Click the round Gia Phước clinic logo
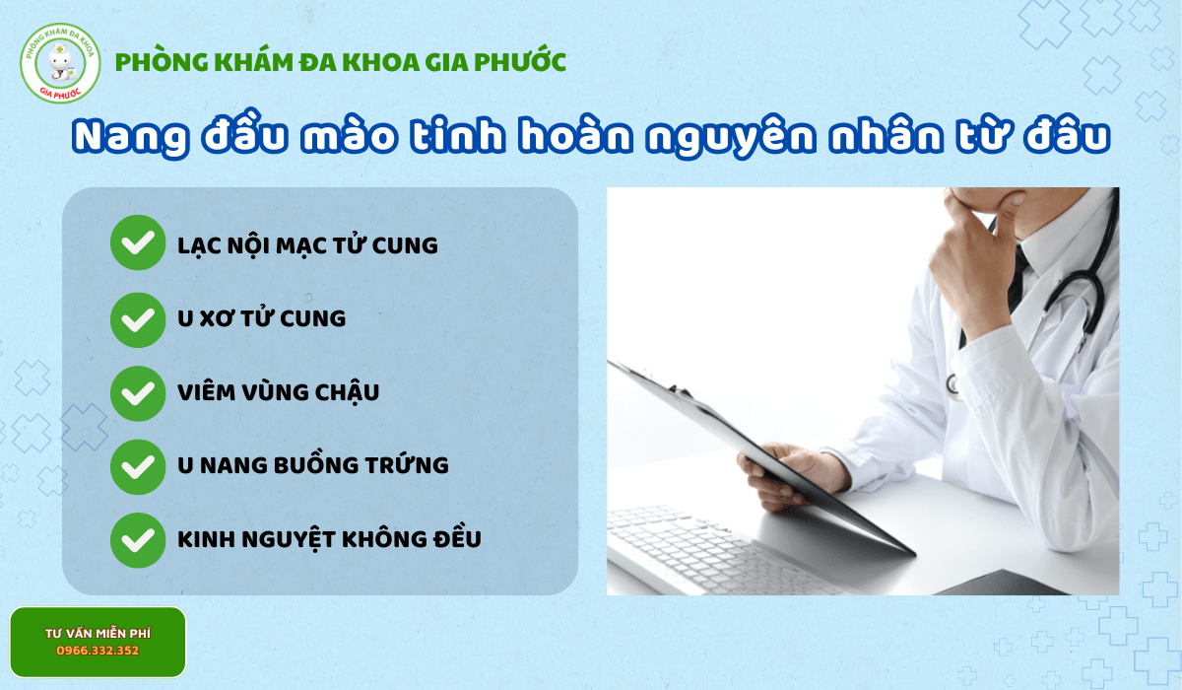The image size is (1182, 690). click(60, 62)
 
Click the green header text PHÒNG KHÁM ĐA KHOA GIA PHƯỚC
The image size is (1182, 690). click(341, 62)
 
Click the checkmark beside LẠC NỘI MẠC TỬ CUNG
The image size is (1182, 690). click(138, 242)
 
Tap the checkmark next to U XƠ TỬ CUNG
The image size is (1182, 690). click(138, 318)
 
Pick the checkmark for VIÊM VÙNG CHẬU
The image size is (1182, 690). click(138, 392)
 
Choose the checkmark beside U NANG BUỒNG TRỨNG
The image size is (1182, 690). click(138, 465)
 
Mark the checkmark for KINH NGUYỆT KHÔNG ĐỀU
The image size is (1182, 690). click(138, 539)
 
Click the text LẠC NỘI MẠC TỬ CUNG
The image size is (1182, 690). click(307, 244)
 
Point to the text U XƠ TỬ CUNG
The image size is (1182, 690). click(261, 318)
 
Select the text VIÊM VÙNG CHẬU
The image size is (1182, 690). click(278, 392)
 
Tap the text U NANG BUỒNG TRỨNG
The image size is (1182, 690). click(312, 465)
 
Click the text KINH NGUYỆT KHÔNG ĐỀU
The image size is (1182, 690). click(329, 539)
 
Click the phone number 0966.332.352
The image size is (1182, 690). click(98, 651)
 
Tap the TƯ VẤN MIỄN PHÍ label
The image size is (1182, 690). click(98, 632)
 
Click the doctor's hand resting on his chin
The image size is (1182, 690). click(970, 237)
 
